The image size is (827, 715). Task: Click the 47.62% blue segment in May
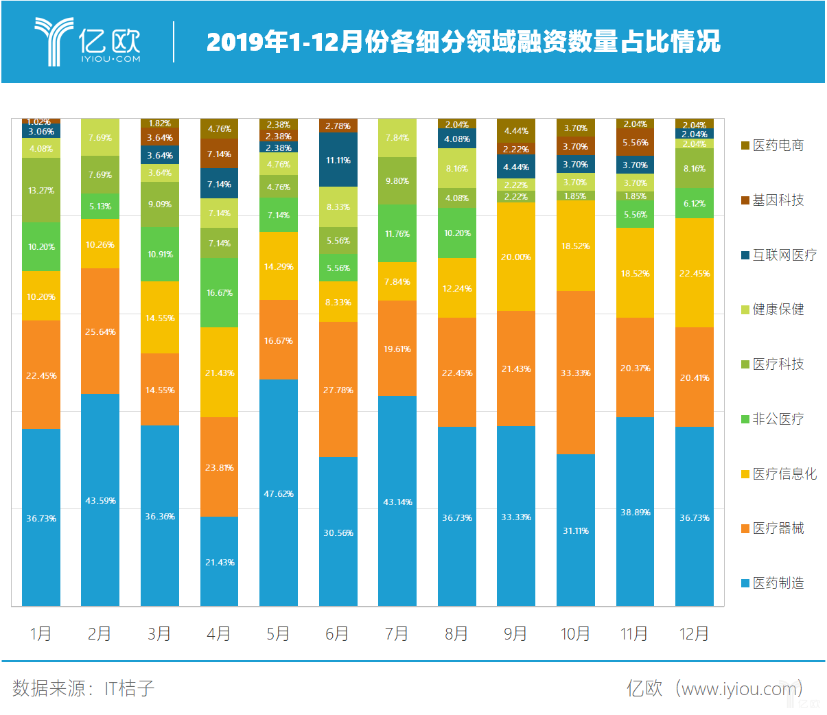[279, 493]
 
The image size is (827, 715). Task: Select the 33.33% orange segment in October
[575, 373]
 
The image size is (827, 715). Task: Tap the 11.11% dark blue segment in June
[338, 160]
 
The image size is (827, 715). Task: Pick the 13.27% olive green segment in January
[41, 190]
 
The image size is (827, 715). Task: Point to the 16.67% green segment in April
[219, 292]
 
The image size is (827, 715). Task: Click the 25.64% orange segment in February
[100, 331]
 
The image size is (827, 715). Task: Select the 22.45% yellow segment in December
[694, 273]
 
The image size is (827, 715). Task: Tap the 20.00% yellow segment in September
[515, 257]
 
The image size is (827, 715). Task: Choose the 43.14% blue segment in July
[397, 501]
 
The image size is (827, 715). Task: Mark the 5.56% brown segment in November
[635, 143]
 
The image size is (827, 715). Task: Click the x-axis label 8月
[456, 633]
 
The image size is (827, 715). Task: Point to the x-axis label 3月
[159, 633]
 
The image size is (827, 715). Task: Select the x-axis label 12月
[694, 633]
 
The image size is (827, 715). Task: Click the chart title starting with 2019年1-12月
[463, 42]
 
